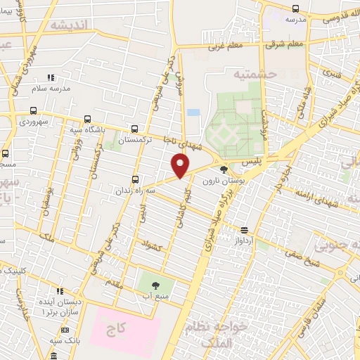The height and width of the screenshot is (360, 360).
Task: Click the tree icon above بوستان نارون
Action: [224, 169]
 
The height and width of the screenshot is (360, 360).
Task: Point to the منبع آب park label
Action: [156, 297]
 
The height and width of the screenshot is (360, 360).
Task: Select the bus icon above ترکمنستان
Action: [134, 129]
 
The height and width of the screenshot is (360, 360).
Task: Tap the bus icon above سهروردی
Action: [33, 110]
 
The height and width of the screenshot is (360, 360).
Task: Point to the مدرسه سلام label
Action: [50, 88]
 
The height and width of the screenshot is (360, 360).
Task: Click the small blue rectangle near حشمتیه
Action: [193, 112]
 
